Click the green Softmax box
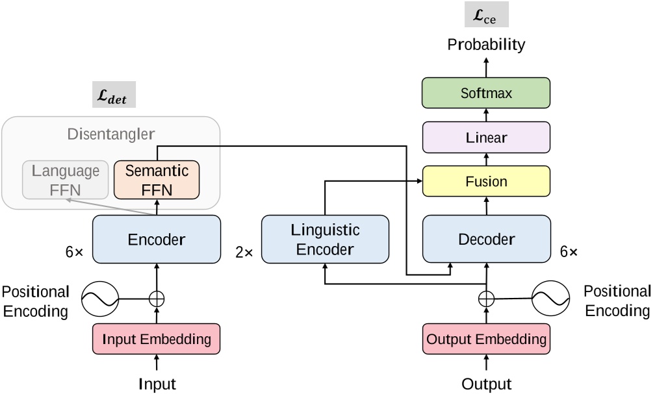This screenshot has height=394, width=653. [486, 93]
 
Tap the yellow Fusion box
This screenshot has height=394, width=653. [486, 181]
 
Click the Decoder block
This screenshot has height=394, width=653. [486, 239]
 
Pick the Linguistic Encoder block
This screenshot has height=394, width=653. [324, 239]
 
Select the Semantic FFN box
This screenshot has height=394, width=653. [156, 180]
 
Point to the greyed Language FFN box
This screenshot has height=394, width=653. [65, 180]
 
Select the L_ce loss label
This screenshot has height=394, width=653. [486, 14]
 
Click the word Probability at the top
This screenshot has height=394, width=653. [486, 45]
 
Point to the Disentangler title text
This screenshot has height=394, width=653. [110, 135]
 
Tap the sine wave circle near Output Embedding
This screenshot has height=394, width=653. [550, 299]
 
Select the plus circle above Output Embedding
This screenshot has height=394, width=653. [486, 299]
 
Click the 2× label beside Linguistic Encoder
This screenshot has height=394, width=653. [244, 252]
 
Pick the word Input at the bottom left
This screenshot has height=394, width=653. [157, 383]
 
